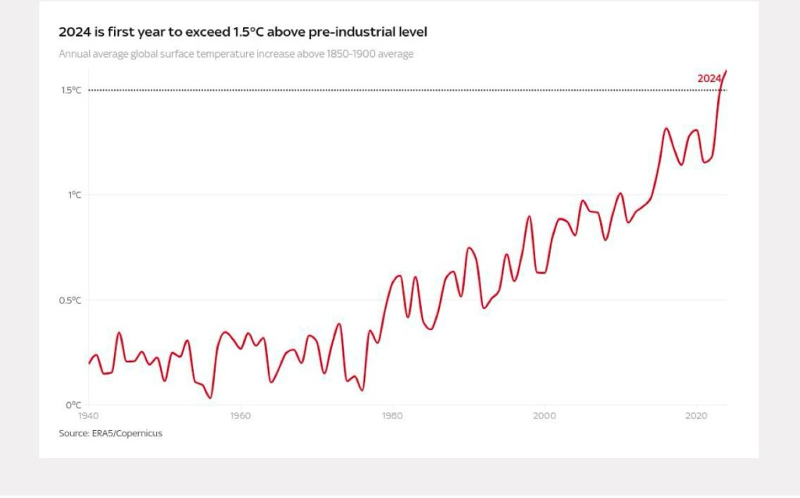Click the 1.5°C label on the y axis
[x=71, y=90]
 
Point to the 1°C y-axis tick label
[x=74, y=195]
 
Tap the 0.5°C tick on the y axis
[x=71, y=301]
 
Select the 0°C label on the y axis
[x=73, y=405]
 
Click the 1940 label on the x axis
[x=88, y=416]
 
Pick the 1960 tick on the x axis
[x=241, y=416]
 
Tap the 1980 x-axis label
[x=392, y=416]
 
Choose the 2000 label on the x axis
[x=545, y=416]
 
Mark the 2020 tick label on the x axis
[x=696, y=416]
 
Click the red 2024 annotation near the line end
[x=709, y=78]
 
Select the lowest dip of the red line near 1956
[x=210, y=398]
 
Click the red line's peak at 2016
[x=666, y=128]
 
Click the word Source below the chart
[x=73, y=433]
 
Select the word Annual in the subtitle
[x=75, y=54]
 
